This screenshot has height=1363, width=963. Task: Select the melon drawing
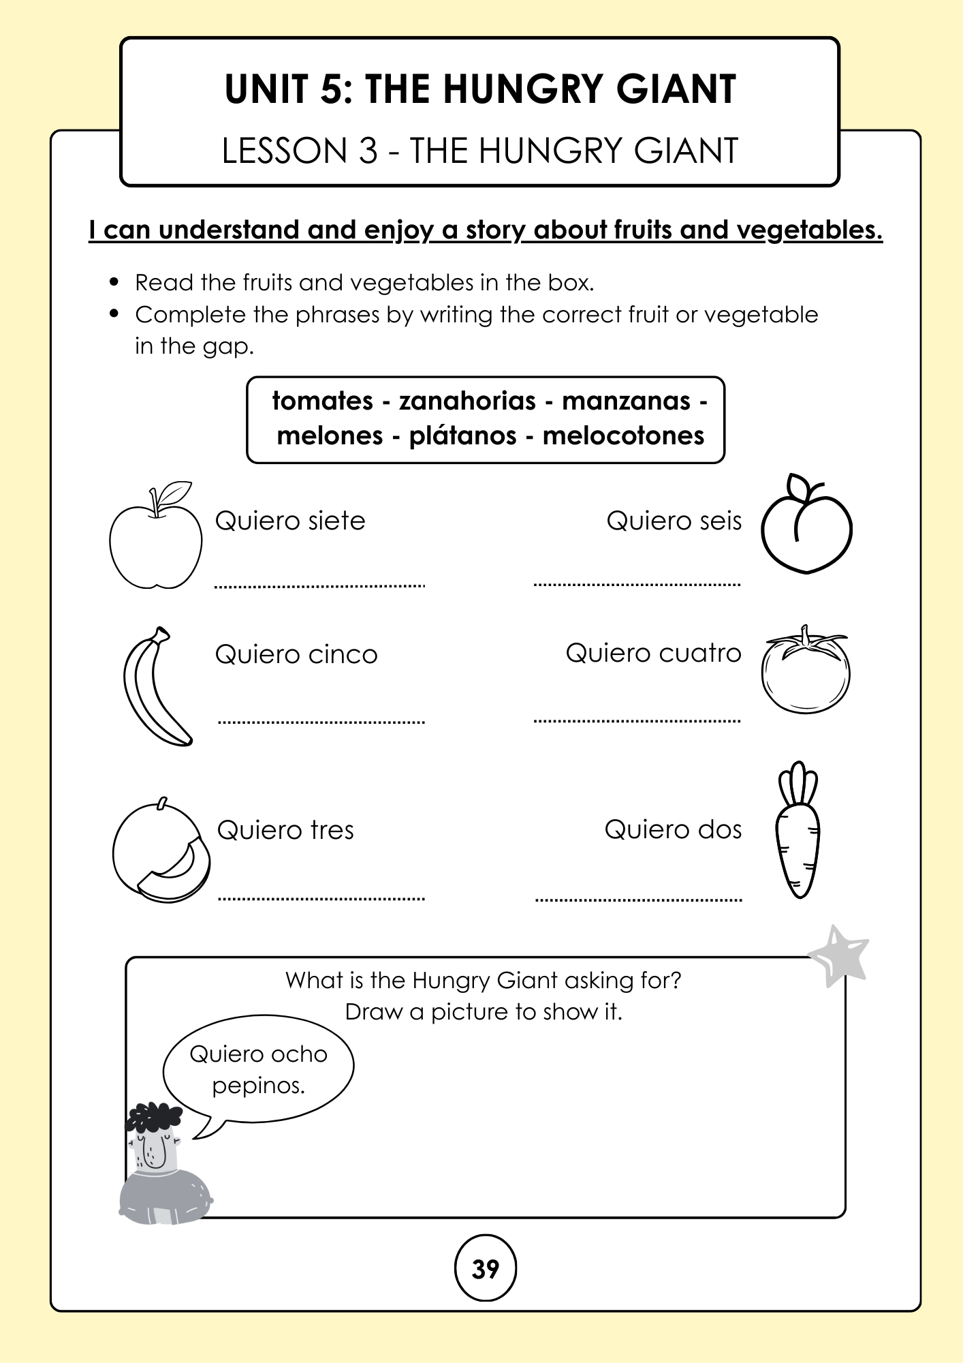tap(161, 852)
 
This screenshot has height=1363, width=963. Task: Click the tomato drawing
tap(806, 673)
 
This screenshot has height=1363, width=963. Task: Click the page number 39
tap(485, 1269)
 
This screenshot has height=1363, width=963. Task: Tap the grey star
tap(839, 955)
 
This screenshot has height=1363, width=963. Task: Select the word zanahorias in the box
tap(467, 401)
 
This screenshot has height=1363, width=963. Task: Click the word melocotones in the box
tap(622, 435)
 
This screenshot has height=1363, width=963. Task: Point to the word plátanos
tap(462, 435)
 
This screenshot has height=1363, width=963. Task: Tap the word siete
tap(336, 521)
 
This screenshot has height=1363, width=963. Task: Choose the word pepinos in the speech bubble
tap(258, 1085)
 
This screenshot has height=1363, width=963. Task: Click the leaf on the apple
tap(176, 492)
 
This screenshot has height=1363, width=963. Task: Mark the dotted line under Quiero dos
tap(638, 900)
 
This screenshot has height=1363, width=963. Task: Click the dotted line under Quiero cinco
tap(321, 722)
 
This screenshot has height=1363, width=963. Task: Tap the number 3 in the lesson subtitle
tap(368, 151)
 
